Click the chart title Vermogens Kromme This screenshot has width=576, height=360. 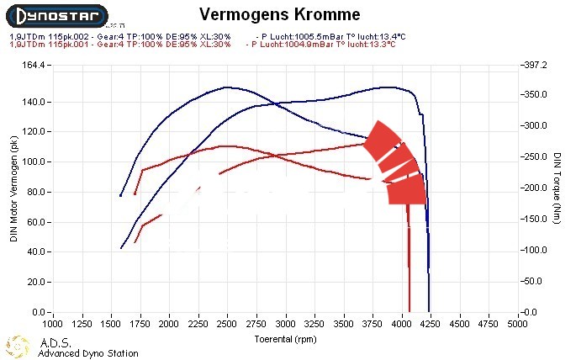coord(281,15)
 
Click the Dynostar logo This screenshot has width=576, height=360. coord(55,15)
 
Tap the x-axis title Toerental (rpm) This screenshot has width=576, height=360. coord(286,338)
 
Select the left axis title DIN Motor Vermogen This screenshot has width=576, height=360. coord(14,188)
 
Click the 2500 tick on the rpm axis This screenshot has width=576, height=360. coord(227,322)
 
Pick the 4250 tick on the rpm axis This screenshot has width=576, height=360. coord(430,322)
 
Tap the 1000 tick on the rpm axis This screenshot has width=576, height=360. coord(53,322)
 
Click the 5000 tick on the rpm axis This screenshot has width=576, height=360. coord(517,322)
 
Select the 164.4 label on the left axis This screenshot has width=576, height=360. coord(32,65)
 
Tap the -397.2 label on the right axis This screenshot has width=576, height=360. coord(535,65)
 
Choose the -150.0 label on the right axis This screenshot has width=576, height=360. coord(535,219)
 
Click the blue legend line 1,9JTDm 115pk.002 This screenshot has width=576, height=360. coord(118,37)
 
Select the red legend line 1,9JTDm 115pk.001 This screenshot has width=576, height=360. coord(118,45)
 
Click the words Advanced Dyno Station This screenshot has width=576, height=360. coord(88,354)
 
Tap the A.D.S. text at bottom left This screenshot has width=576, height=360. coord(56,343)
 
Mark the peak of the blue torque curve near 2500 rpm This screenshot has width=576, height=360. coord(226,87)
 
